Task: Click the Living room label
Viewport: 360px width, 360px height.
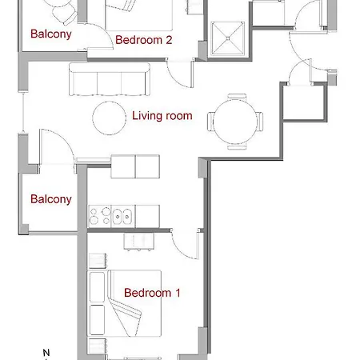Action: point(162,116)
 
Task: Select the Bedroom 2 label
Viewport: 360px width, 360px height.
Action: point(144,39)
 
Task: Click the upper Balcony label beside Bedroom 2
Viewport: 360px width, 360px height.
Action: point(51,34)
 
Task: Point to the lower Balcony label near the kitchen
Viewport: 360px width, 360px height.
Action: point(51,199)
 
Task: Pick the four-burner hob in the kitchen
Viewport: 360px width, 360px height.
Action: point(99,216)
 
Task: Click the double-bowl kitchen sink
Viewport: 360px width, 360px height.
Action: point(123,215)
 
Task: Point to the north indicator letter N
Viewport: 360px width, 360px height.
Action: point(46,352)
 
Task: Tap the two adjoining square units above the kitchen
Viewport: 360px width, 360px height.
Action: point(135,166)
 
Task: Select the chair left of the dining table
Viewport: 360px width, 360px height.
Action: point(211,121)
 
